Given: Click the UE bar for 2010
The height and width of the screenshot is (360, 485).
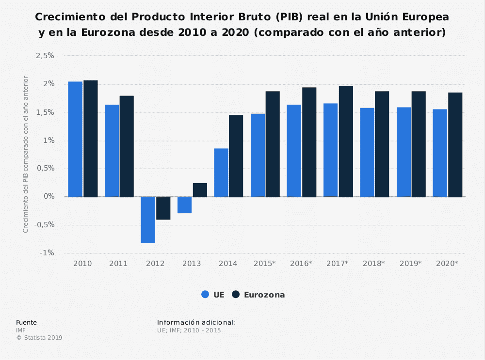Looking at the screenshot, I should (75, 139).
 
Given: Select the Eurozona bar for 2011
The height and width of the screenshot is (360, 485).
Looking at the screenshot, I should (127, 146).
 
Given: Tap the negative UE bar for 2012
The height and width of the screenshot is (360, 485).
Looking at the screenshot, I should (148, 219).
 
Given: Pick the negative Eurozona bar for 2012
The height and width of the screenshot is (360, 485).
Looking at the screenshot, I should (163, 208).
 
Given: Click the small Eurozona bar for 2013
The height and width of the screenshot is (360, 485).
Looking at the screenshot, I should (200, 190).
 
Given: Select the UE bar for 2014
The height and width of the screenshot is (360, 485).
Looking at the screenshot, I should (221, 172).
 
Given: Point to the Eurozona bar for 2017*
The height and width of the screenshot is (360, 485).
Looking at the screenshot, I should (346, 141).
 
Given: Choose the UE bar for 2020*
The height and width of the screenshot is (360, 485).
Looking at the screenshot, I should (440, 153).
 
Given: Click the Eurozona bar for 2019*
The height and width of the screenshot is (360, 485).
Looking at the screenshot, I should (419, 144).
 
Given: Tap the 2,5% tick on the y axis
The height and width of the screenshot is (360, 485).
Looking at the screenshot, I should (45, 56).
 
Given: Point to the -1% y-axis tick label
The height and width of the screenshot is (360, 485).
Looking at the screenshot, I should (47, 253).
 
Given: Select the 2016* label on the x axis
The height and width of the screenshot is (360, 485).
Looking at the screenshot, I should (301, 264).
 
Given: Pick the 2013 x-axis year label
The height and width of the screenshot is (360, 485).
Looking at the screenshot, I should (192, 264).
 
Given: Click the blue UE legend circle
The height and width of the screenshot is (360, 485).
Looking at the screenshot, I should (205, 295).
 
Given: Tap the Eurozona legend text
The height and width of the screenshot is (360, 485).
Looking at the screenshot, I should (264, 295).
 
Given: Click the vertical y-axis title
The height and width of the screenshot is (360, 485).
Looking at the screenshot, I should (26, 154).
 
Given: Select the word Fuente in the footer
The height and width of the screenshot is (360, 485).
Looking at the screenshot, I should (26, 322).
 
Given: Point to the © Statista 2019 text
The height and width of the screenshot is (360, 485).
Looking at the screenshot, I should (39, 338).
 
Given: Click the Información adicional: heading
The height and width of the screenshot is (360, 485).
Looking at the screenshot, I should (196, 322).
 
